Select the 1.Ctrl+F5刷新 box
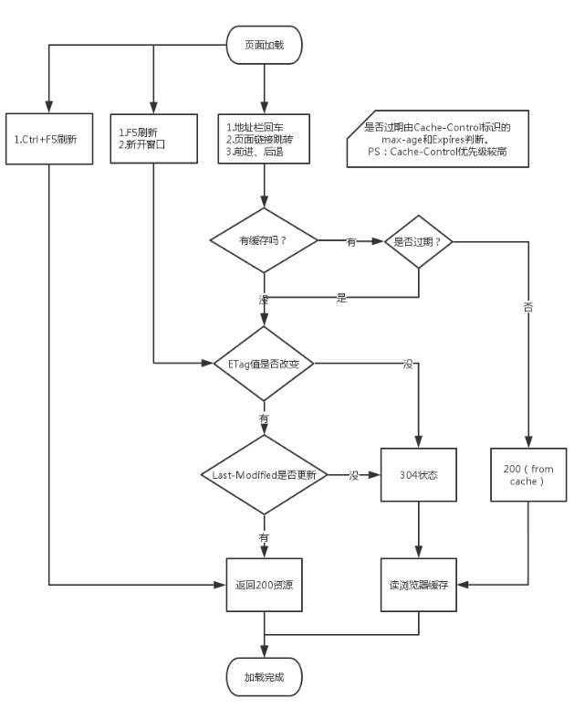pyautogui.click(x=49, y=138)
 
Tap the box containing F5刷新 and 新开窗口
pyautogui.click(x=152, y=138)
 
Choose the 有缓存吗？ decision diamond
pyautogui.click(x=264, y=241)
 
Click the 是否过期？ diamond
pyautogui.click(x=417, y=241)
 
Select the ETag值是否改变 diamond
pyautogui.click(x=264, y=364)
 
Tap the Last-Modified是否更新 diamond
pyautogui.click(x=264, y=475)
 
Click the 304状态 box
pyautogui.click(x=419, y=475)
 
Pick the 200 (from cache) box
pyautogui.click(x=528, y=475)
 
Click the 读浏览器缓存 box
pyautogui.click(x=419, y=582)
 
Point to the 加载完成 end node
pyautogui.click(x=264, y=678)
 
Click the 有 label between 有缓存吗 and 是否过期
pyautogui.click(x=351, y=241)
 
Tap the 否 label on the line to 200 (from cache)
pyautogui.click(x=528, y=308)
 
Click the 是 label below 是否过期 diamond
pyautogui.click(x=342, y=298)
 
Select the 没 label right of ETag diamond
pyautogui.click(x=407, y=364)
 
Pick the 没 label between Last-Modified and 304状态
pyautogui.click(x=353, y=475)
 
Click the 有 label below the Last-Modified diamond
pyautogui.click(x=264, y=538)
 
